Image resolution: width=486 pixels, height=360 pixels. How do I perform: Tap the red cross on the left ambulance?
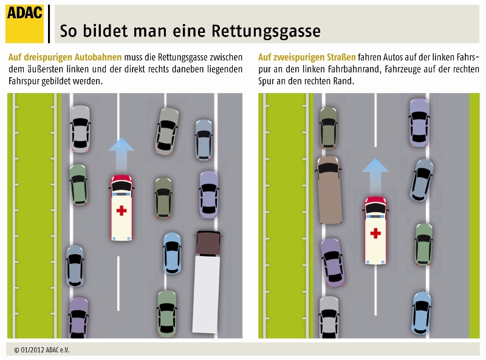122,210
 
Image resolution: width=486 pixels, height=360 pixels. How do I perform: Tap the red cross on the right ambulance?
375,232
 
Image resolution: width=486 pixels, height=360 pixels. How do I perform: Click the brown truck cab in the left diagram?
207,243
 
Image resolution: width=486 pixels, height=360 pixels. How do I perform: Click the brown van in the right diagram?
329,189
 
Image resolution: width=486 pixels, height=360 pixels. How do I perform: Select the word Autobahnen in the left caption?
100,57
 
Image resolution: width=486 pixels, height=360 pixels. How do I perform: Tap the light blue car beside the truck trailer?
172,252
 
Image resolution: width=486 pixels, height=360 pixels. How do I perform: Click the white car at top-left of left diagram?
80,128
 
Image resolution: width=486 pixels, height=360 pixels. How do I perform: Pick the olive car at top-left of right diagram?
329,127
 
